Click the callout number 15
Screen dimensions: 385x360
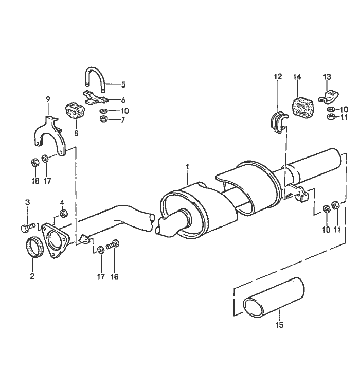tap(279, 325)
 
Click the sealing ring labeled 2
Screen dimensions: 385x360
tap(34, 250)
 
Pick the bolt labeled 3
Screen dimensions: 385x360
tap(27, 226)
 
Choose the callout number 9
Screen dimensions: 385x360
tap(48, 98)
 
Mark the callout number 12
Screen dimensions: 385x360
tap(278, 77)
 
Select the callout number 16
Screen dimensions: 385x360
tap(114, 277)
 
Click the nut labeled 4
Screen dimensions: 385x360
tap(63, 213)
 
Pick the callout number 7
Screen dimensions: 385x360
tap(122, 120)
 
